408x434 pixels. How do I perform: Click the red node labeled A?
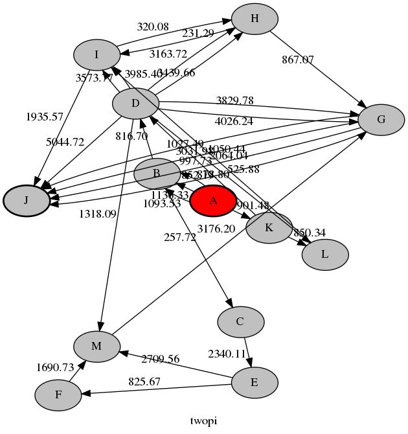[213, 200]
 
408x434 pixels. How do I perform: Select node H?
[255, 19]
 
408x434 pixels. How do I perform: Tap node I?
[96, 55]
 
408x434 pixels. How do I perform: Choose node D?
[136, 104]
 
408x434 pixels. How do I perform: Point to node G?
[381, 119]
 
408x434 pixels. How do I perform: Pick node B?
[157, 174]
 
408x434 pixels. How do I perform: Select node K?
[269, 227]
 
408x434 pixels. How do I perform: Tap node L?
[325, 255]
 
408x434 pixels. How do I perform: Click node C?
[240, 321]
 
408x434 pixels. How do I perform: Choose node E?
[255, 382]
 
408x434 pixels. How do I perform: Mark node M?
[96, 346]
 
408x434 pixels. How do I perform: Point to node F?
[58, 395]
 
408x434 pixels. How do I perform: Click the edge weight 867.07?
[298, 60]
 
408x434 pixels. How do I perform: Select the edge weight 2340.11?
[227, 354]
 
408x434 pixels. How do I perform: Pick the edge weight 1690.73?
[55, 367]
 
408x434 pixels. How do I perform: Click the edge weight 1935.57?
[45, 117]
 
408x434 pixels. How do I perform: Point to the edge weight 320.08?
[153, 27]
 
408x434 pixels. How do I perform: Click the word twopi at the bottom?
[203, 421]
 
